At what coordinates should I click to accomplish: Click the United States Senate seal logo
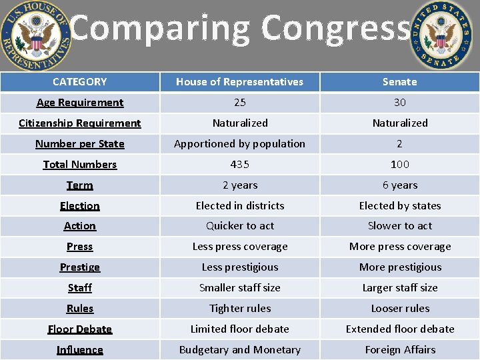440,35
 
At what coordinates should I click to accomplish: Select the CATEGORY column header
79,82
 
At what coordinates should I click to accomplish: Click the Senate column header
399,82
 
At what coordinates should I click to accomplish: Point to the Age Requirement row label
79,103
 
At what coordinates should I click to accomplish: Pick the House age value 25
239,103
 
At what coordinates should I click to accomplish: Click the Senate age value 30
399,103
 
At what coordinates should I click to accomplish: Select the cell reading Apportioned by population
239,144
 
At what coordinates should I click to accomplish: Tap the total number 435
239,165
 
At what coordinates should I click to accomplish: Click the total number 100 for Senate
399,165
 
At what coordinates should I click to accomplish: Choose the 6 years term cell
399,185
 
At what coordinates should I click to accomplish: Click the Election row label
79,206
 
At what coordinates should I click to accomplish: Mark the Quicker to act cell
239,226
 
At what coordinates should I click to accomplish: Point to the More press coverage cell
399,247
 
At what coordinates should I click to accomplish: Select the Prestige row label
79,267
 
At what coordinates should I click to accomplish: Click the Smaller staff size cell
239,288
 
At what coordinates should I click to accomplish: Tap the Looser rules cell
399,309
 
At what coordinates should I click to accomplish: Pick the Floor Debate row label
79,329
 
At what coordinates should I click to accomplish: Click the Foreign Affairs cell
399,350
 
